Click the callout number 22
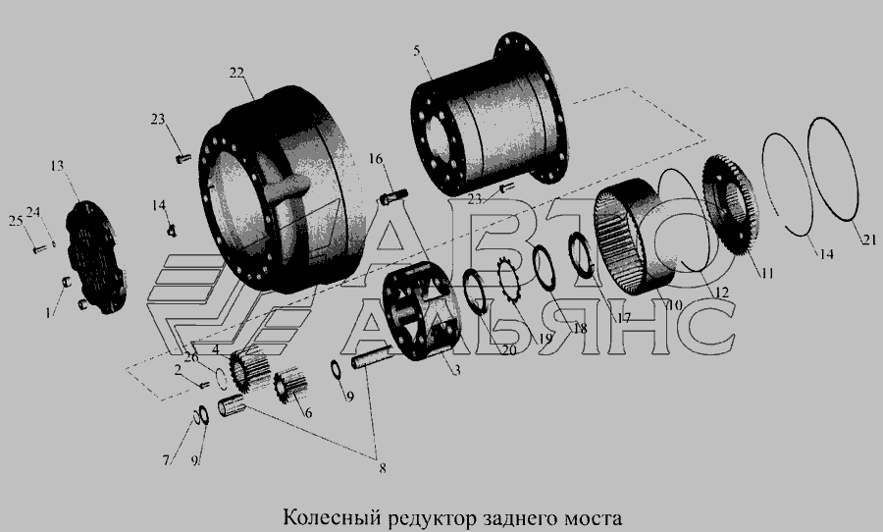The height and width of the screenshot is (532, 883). coord(237,73)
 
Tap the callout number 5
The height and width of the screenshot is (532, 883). coord(417,51)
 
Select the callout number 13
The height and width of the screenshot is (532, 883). coord(58,166)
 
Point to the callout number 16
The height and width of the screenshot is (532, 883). coord(376,159)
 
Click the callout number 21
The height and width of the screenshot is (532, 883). coord(869,240)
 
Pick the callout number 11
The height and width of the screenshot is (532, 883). coord(767,274)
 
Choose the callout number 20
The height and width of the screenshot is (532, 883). coord(508,350)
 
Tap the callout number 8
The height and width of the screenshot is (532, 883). coord(383,468)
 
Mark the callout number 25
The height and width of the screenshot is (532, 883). coord(15,221)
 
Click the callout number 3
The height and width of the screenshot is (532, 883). coord(457,370)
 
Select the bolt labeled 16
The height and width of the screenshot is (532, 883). coord(394,197)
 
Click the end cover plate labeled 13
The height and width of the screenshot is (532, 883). coord(97,257)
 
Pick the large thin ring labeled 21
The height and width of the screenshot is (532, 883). coord(833,170)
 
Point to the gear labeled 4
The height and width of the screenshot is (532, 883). coord(250,369)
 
